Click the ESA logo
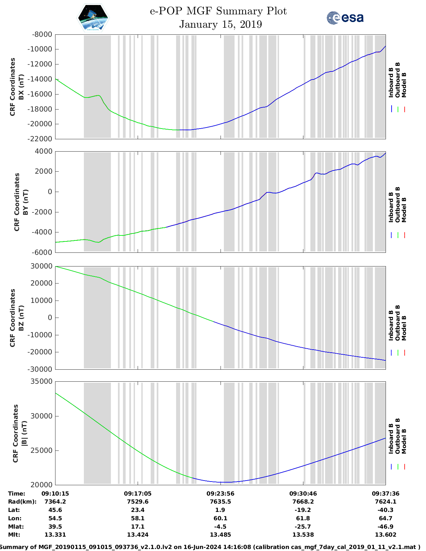(x=345, y=18)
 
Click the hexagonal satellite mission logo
(x=93, y=18)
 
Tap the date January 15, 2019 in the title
(x=221, y=24)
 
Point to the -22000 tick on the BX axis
(x=42, y=139)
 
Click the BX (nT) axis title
(x=21, y=87)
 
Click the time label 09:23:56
(x=220, y=494)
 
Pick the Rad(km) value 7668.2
(x=303, y=502)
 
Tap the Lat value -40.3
(x=386, y=510)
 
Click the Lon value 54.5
(x=55, y=518)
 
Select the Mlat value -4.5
(x=220, y=527)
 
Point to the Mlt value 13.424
(x=138, y=535)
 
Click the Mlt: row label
(x=14, y=535)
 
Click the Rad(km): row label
(x=22, y=502)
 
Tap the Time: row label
(x=17, y=494)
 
